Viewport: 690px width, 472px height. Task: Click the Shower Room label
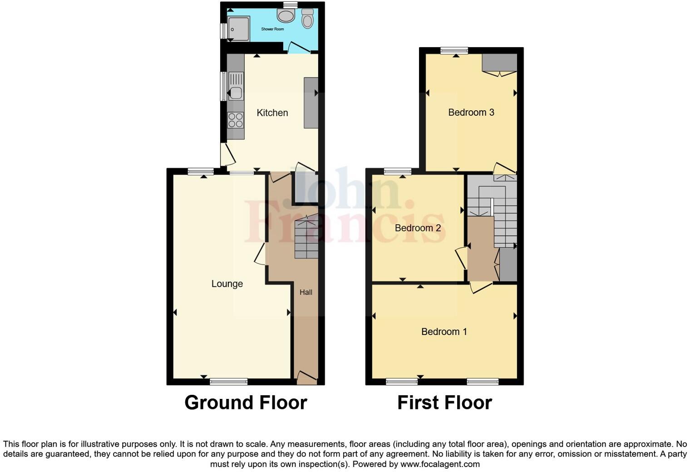tap(272, 29)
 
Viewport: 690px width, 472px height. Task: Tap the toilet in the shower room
tap(308, 19)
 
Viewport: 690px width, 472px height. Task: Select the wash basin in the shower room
tap(286, 17)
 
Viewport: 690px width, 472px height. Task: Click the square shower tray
tap(238, 29)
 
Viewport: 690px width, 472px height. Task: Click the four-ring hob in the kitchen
tap(236, 120)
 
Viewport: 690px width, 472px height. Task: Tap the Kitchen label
tap(272, 113)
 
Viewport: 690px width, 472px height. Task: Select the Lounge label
tap(227, 284)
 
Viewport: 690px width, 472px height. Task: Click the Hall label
tap(306, 292)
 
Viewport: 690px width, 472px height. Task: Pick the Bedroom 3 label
tap(471, 112)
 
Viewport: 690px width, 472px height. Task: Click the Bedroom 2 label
tap(418, 228)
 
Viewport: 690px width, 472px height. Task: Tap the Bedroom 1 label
tap(444, 332)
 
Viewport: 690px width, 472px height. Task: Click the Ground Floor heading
tap(246, 403)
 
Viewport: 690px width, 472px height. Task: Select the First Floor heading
tap(444, 403)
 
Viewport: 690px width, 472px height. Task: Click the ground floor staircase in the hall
tap(306, 238)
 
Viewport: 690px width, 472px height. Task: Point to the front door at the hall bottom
tap(307, 378)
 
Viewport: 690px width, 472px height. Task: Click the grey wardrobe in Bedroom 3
tap(499, 63)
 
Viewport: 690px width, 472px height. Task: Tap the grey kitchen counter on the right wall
tap(311, 103)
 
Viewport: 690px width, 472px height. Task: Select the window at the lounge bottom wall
tap(229, 381)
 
